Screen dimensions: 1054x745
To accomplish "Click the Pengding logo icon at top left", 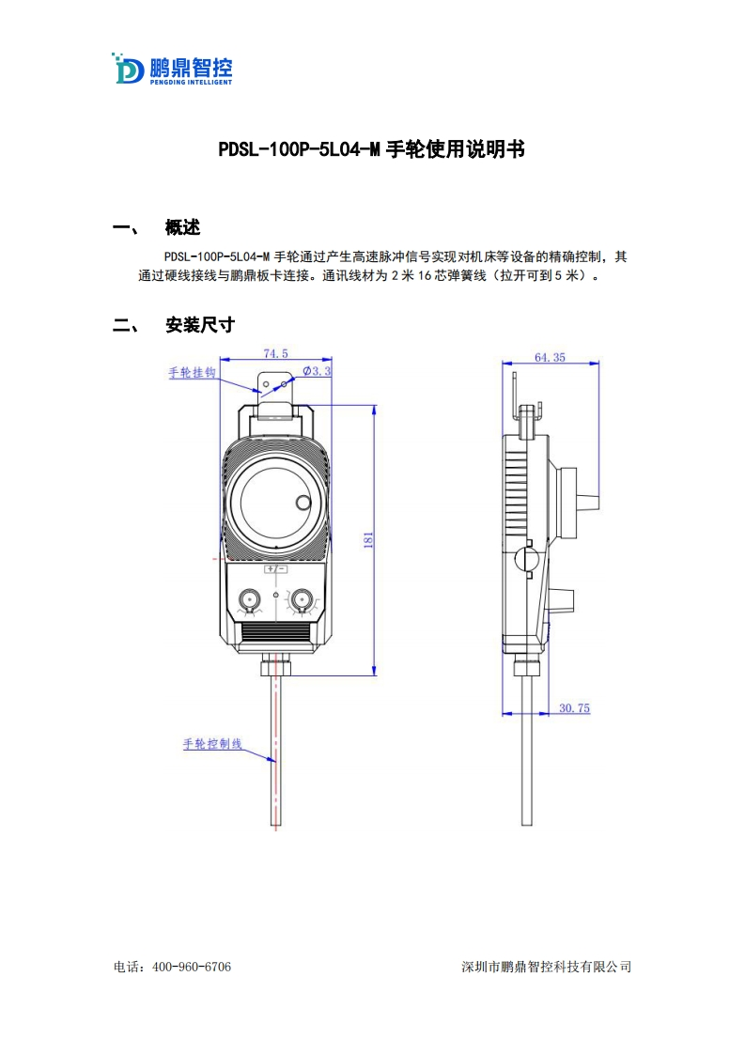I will point(128,69).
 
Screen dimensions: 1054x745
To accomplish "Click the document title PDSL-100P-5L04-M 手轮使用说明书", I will point(371,149).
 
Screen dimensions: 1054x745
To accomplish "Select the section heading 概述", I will point(182,228).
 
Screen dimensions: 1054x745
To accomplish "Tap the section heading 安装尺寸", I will point(199,325).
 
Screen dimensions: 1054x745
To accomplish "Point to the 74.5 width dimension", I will point(275,354).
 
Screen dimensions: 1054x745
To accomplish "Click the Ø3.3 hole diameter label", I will point(318,372).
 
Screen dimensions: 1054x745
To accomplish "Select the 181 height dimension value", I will point(368,540).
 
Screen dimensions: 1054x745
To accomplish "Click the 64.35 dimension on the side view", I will point(550,357).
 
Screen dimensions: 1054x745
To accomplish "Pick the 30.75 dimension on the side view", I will point(574,708).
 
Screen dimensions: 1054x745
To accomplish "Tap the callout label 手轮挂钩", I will point(193,373).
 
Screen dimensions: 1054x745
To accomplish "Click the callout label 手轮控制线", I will point(212,744).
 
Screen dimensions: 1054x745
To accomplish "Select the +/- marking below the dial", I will point(275,569).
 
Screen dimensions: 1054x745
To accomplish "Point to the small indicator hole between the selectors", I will point(275,596).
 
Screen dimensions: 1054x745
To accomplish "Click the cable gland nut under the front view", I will point(275,666).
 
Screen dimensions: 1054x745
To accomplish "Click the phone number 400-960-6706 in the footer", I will point(191,967).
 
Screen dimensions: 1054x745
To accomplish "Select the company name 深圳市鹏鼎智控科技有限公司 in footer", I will point(547,967).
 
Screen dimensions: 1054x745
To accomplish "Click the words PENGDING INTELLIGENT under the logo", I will point(191,82).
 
